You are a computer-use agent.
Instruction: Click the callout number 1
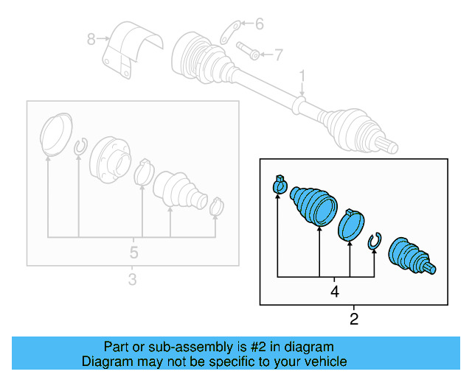(x=302, y=75)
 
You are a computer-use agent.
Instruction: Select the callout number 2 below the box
(x=354, y=319)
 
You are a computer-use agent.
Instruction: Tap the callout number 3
(x=132, y=279)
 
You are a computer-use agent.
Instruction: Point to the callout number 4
(x=335, y=291)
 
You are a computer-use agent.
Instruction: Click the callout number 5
(x=133, y=252)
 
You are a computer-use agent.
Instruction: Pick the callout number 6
(x=259, y=24)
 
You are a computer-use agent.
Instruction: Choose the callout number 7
(x=278, y=54)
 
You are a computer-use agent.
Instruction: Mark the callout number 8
(x=91, y=39)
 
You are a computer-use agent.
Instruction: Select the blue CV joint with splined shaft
(x=410, y=257)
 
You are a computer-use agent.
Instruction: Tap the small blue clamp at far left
(x=280, y=186)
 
